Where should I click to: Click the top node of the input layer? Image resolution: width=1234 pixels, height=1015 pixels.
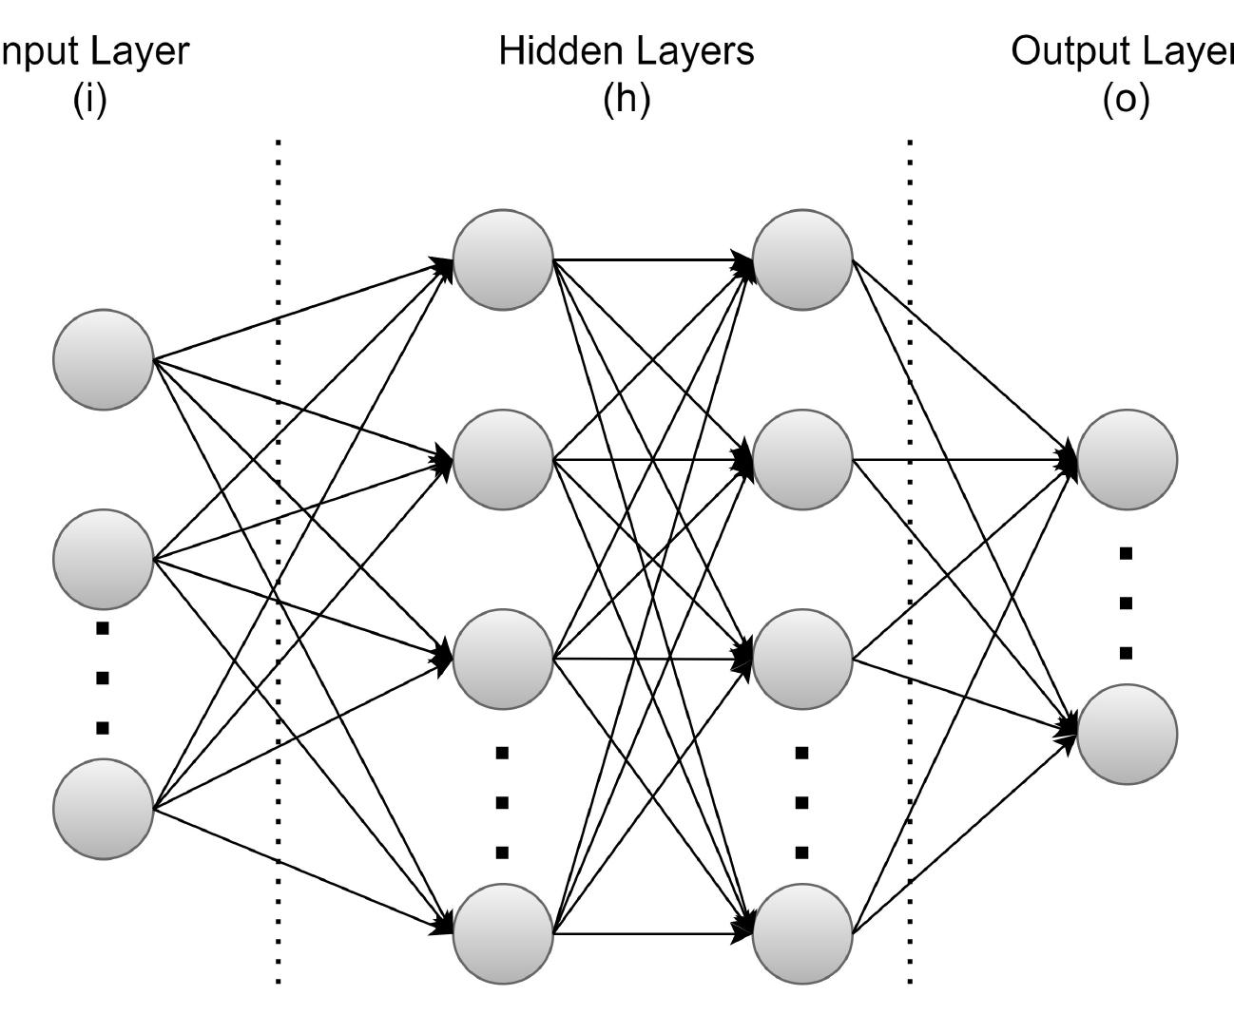pos(104,359)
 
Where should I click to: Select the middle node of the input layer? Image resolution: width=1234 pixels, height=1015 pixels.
pos(104,559)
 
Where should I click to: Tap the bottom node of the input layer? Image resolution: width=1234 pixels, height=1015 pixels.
pos(104,809)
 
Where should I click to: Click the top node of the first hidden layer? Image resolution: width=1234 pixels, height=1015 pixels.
pos(503,259)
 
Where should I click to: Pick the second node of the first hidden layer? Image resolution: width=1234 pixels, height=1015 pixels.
pos(503,459)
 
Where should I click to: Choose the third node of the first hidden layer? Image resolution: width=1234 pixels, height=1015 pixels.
pos(503,659)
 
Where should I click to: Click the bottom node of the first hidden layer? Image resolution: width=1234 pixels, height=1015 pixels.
pos(503,933)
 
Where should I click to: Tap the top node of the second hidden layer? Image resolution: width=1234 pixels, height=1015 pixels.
pos(802,259)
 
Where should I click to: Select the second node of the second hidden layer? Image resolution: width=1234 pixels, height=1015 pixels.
pos(802,459)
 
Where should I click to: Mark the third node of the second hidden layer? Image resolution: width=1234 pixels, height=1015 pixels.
pos(802,659)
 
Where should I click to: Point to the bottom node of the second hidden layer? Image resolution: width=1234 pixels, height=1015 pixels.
pos(802,933)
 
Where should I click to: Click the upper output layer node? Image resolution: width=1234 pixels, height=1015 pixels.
pos(1127,459)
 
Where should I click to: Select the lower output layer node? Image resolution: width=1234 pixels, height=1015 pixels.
pos(1127,734)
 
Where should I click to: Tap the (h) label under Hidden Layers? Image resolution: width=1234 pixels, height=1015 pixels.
pos(627,98)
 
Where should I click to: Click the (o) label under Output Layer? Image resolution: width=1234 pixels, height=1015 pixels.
pos(1127,98)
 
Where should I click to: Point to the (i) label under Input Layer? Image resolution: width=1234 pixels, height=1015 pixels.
pos(90,98)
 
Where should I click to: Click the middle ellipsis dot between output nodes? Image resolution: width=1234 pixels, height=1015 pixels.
pos(1127,603)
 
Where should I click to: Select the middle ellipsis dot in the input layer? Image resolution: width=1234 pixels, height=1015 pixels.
pos(103,678)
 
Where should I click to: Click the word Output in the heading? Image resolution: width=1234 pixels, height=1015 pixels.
pos(1065,50)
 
